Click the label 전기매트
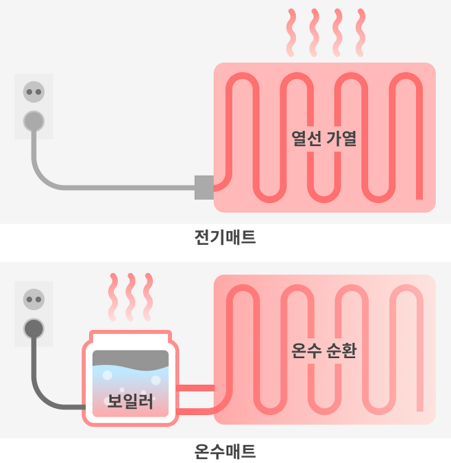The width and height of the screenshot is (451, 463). tap(225, 238)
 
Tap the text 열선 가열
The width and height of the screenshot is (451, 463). tap(324, 139)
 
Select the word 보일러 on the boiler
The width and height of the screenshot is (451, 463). tap(130, 401)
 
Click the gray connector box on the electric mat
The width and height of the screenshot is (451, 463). tap(204, 187)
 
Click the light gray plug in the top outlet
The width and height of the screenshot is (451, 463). tap(34, 121)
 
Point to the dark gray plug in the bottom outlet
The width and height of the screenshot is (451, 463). tap(34, 327)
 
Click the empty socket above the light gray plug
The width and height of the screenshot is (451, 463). tap(34, 92)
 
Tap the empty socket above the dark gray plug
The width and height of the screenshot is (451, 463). tap(34, 298)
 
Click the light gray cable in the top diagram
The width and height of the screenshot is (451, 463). tap(103, 187)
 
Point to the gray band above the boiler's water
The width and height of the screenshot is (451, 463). tap(130, 358)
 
